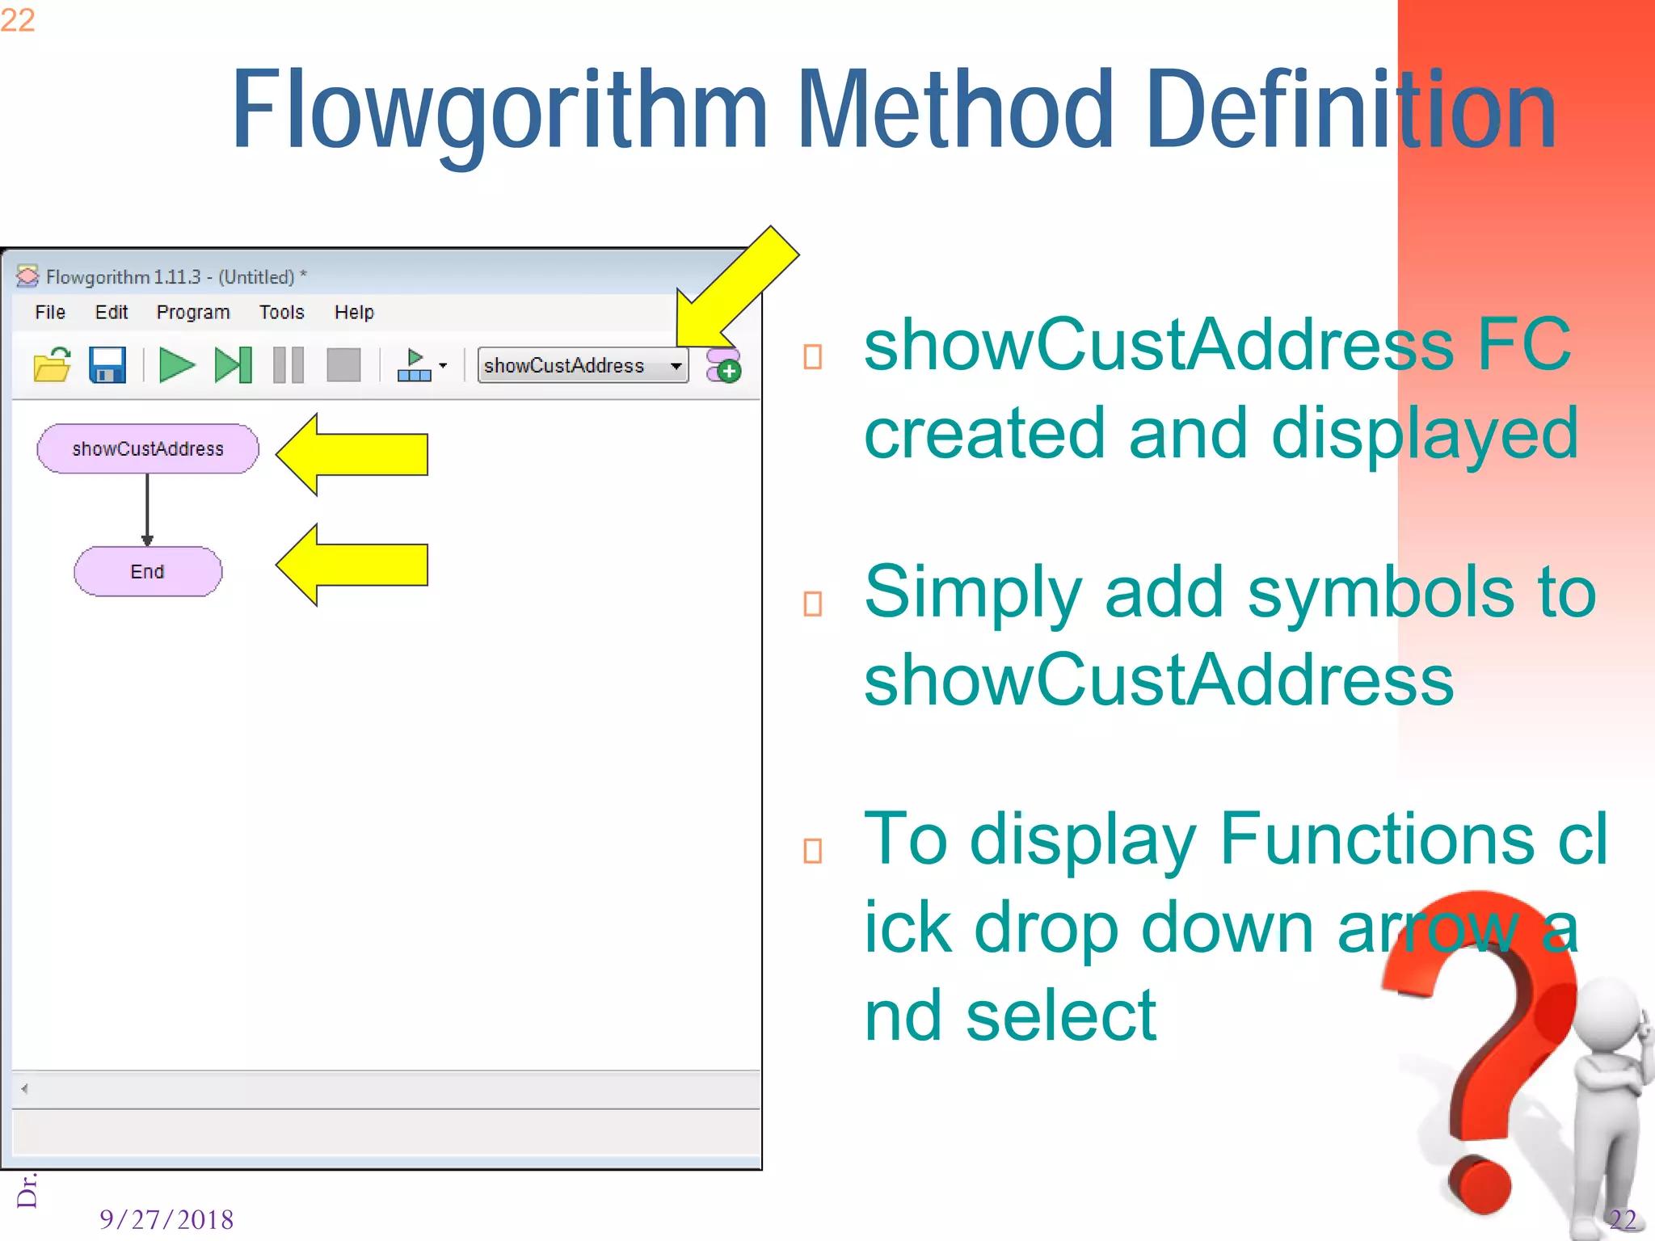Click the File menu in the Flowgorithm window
click(x=50, y=313)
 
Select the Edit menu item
click(x=112, y=313)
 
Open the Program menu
click(x=193, y=313)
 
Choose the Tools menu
click(x=281, y=313)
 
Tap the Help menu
click(x=354, y=313)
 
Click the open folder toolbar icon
click(x=53, y=365)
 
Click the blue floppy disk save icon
click(x=107, y=365)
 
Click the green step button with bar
click(x=233, y=365)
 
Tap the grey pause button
click(x=288, y=365)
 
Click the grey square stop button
click(x=343, y=365)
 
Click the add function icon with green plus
click(x=723, y=366)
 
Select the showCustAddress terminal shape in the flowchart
click(x=148, y=449)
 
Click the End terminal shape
click(x=148, y=572)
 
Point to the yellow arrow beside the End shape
click(x=352, y=565)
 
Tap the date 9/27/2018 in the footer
click(x=166, y=1219)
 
